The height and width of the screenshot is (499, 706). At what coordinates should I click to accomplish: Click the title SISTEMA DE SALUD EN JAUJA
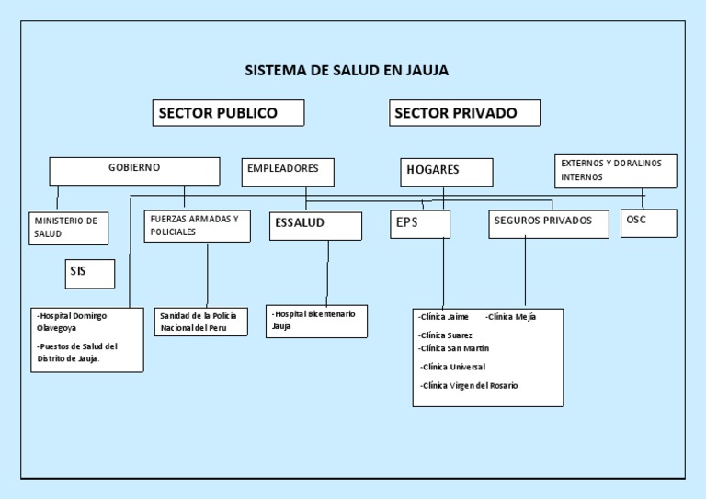click(x=347, y=70)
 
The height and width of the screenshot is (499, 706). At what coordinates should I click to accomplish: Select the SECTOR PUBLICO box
click(x=228, y=113)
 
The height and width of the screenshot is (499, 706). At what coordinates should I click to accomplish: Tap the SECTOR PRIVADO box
click(x=464, y=113)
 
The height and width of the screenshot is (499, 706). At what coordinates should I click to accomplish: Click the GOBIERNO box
click(x=134, y=171)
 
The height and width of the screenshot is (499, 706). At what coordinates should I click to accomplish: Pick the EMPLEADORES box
click(x=288, y=172)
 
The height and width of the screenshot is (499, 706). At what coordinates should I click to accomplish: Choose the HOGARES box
click(x=447, y=172)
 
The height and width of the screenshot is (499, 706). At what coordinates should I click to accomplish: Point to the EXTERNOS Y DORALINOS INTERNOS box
click(x=616, y=171)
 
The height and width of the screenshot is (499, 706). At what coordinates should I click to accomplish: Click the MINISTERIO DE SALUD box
click(x=68, y=228)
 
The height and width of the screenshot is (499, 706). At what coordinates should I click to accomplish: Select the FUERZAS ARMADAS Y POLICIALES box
click(x=197, y=226)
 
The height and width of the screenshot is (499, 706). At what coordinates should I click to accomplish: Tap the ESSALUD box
click(x=315, y=225)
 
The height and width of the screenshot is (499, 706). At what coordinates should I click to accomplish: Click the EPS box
click(x=420, y=223)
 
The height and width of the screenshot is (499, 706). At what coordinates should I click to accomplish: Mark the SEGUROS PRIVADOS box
click(x=548, y=223)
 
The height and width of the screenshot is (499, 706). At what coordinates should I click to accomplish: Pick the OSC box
click(x=648, y=222)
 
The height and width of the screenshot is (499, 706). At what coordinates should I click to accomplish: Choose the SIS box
click(x=89, y=273)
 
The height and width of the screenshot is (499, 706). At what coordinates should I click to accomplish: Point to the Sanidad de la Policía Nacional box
click(x=201, y=322)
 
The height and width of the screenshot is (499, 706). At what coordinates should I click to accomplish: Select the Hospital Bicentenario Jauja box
click(x=316, y=321)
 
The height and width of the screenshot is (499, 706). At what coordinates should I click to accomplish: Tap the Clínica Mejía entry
click(x=512, y=317)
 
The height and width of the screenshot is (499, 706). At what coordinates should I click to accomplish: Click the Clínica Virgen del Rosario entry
click(x=469, y=386)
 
